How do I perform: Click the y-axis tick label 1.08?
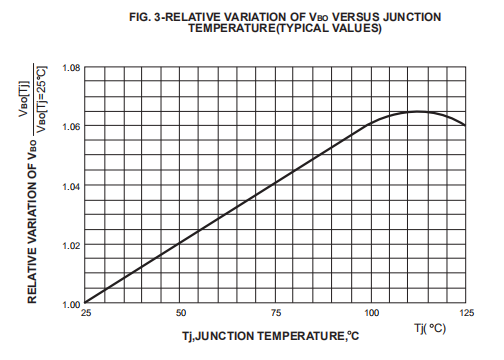[x=70, y=68]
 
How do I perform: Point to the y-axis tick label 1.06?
[x=70, y=127]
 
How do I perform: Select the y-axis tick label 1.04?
[x=70, y=186]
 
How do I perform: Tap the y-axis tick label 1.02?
[x=70, y=245]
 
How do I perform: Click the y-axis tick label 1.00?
[x=70, y=303]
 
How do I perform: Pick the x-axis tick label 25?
[x=86, y=314]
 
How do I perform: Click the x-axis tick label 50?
[x=181, y=314]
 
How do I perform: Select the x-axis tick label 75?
[x=276, y=314]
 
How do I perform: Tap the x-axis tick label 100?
[x=371, y=314]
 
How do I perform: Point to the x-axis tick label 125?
[x=465, y=314]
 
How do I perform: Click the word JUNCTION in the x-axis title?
[x=229, y=338]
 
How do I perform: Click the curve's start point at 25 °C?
[x=86, y=302]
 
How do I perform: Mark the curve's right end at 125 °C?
[x=465, y=125]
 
